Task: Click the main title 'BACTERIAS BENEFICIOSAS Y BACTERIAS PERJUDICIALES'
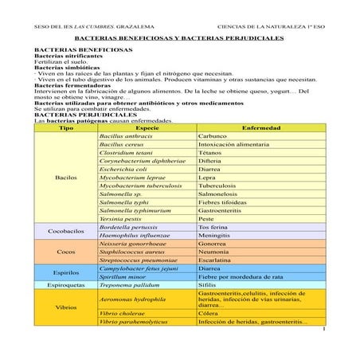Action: coord(178,37)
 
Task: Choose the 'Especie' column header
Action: coord(147,127)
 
